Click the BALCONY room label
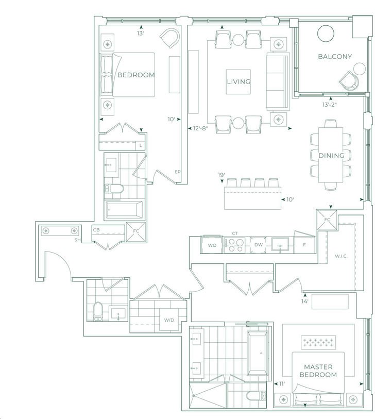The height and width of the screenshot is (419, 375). (335, 56)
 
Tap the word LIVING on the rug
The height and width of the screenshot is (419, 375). (238, 82)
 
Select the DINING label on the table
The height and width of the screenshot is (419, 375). (331, 155)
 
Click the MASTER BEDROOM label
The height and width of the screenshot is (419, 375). (318, 371)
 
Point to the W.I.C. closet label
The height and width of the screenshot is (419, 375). (341, 256)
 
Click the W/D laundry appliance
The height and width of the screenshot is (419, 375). (169, 320)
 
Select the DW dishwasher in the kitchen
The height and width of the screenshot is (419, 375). (258, 245)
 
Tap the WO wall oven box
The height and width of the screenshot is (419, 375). (212, 245)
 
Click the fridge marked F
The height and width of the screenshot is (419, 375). (304, 245)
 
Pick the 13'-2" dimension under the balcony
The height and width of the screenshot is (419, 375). (329, 105)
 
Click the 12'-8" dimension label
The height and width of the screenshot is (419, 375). (200, 128)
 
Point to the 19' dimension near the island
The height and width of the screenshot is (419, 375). (221, 175)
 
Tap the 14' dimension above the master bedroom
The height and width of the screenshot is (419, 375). (305, 301)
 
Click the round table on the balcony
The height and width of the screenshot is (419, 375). (326, 33)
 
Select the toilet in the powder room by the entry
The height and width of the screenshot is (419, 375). (98, 312)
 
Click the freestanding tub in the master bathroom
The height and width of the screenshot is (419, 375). (258, 353)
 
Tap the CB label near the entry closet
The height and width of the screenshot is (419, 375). (96, 230)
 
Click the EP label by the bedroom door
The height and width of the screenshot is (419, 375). (178, 172)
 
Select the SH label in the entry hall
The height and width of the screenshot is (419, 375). (77, 240)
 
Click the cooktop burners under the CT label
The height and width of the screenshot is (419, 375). (234, 245)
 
